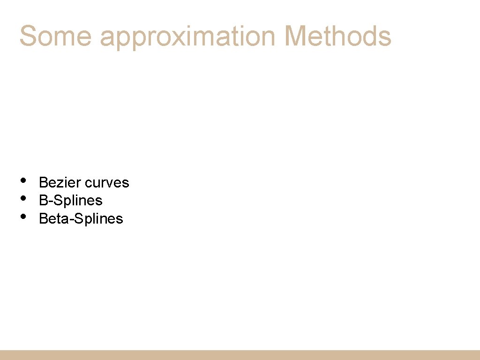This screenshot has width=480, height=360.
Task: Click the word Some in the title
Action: coord(55,36)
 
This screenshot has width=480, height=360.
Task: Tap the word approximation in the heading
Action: coord(187,37)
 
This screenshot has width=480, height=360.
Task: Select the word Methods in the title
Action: coord(337,36)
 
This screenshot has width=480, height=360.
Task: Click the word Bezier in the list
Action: coord(58,182)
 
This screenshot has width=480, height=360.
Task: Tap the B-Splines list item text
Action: coord(70,201)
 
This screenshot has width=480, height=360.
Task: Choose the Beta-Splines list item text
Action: coord(81,218)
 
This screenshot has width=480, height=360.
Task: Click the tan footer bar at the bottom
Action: coord(240,355)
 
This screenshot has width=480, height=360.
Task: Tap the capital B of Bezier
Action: coord(43,182)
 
